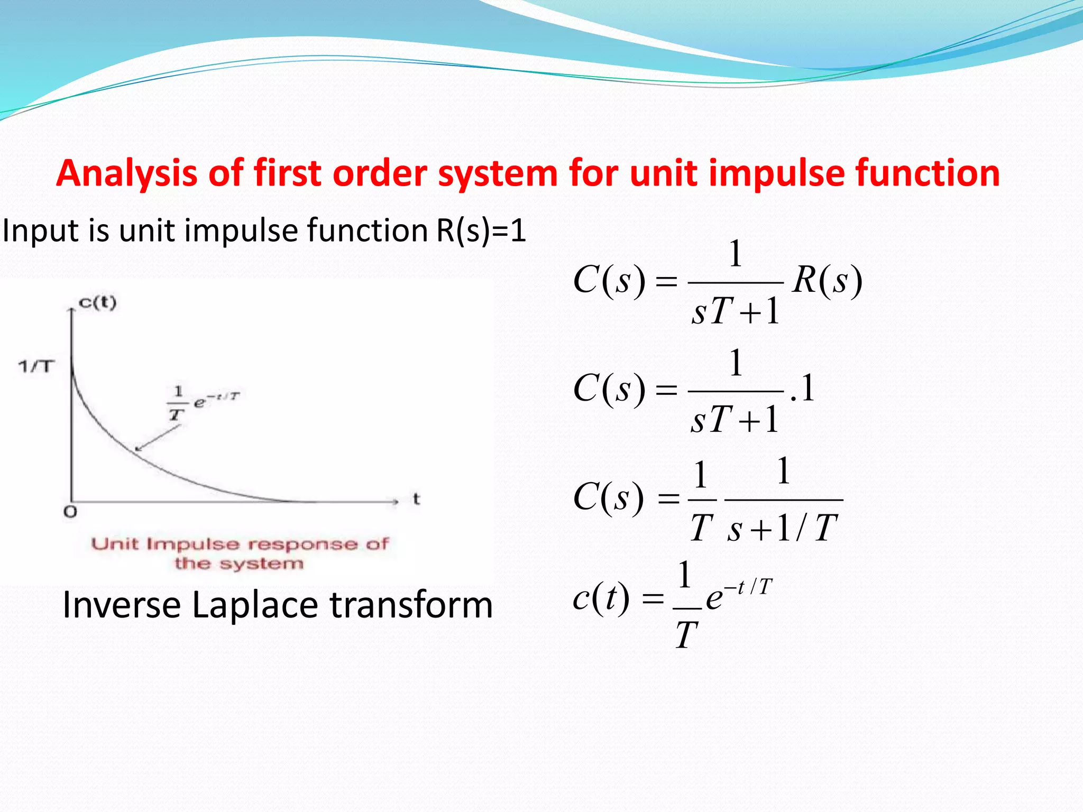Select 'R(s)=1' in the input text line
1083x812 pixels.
pyautogui.click(x=481, y=230)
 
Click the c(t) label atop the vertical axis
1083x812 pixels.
pyautogui.click(x=97, y=303)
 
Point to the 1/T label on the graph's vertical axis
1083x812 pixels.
pyautogui.click(x=36, y=366)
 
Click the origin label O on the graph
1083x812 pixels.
pyautogui.click(x=70, y=512)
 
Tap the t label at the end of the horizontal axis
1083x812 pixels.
pyautogui.click(x=416, y=499)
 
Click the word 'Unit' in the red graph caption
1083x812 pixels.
pyautogui.click(x=114, y=543)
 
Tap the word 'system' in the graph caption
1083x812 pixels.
pyautogui.click(x=262, y=564)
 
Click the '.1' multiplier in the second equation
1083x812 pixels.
pyautogui.click(x=802, y=389)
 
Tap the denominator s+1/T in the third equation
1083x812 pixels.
pyautogui.click(x=783, y=528)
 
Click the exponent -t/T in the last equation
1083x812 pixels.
pyautogui.click(x=748, y=587)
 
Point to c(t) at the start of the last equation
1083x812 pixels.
pyautogui.click(x=601, y=598)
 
